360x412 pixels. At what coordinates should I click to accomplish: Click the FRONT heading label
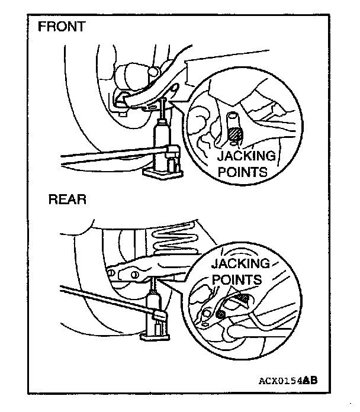[62, 27]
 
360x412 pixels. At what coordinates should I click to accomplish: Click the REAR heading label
[67, 199]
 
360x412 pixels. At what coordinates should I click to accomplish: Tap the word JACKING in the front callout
[246, 156]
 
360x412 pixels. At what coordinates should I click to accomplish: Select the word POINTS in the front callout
[242, 172]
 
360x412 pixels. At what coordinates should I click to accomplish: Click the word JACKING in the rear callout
[240, 263]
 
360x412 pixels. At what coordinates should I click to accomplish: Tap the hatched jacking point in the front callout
[235, 136]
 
